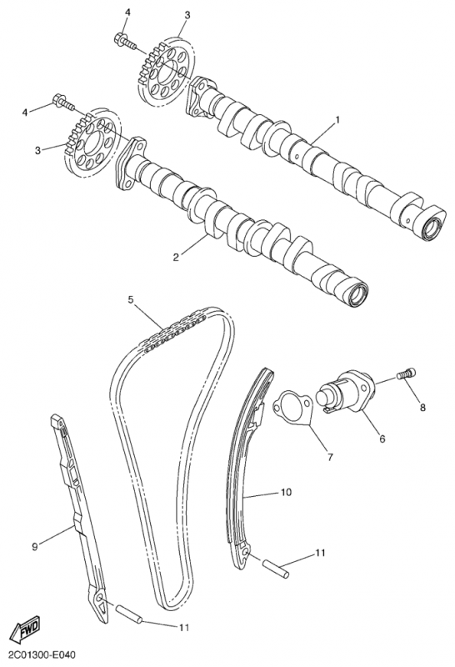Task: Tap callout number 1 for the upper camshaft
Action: [337, 120]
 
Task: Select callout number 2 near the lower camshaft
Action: [176, 257]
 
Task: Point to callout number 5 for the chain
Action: [131, 299]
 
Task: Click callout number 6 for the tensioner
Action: [382, 439]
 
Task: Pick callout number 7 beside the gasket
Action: [330, 458]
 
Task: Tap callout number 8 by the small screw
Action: [422, 408]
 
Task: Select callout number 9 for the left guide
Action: [35, 547]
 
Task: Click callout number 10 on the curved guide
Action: [286, 492]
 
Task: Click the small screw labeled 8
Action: [406, 374]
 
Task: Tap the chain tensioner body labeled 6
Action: [346, 391]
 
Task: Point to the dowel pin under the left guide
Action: [129, 615]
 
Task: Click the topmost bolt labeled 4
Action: [125, 40]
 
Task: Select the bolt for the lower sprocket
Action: [63, 102]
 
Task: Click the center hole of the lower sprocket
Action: [94, 141]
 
